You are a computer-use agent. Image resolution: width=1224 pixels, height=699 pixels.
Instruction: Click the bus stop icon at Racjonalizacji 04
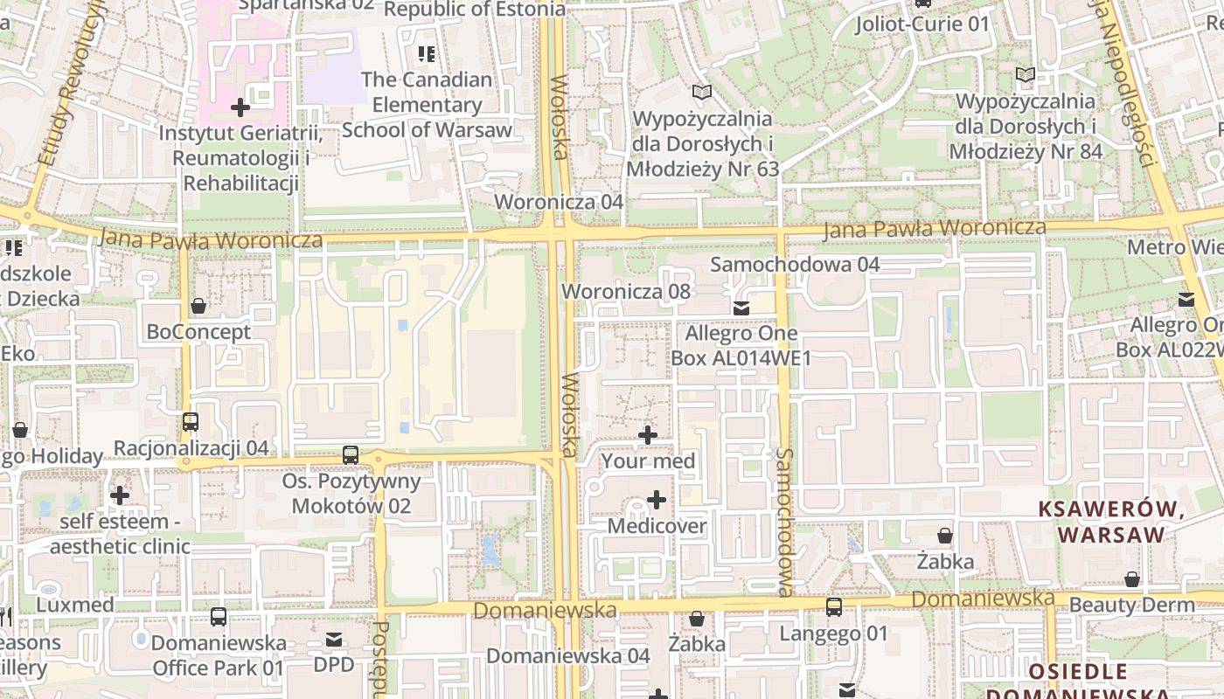(191, 422)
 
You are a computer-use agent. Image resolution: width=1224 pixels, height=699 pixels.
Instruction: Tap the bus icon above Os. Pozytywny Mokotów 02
(351, 455)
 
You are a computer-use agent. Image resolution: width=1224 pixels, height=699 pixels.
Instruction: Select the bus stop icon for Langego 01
(834, 607)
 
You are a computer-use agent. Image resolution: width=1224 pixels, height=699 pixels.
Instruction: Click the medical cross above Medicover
(657, 500)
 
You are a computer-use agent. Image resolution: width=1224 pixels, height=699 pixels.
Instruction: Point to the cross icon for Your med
(648, 435)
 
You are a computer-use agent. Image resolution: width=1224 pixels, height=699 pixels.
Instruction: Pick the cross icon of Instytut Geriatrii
(240, 107)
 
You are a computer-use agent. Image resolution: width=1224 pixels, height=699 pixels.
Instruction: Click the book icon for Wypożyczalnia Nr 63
(701, 92)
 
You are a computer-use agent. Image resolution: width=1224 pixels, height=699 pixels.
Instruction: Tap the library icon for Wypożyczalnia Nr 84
(1026, 75)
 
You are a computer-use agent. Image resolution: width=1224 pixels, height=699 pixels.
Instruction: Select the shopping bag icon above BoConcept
(198, 306)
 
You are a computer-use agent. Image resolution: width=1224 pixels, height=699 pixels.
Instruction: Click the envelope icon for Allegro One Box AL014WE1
(741, 308)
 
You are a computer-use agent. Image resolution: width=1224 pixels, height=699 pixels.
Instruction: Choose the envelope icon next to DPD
(334, 640)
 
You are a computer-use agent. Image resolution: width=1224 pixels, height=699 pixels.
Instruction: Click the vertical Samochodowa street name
(784, 523)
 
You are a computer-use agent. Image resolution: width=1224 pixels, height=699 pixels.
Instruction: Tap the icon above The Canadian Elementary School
(427, 54)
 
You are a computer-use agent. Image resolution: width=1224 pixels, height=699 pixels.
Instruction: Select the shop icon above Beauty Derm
(1132, 579)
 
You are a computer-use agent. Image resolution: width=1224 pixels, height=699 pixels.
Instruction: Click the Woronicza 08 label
(626, 291)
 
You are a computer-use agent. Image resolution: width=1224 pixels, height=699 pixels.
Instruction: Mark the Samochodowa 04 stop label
(795, 264)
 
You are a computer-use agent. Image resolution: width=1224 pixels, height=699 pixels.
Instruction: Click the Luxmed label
(75, 605)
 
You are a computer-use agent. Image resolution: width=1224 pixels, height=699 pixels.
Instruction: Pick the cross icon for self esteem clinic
(120, 495)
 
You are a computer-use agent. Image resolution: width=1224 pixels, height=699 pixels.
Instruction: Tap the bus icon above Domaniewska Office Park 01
(219, 617)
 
